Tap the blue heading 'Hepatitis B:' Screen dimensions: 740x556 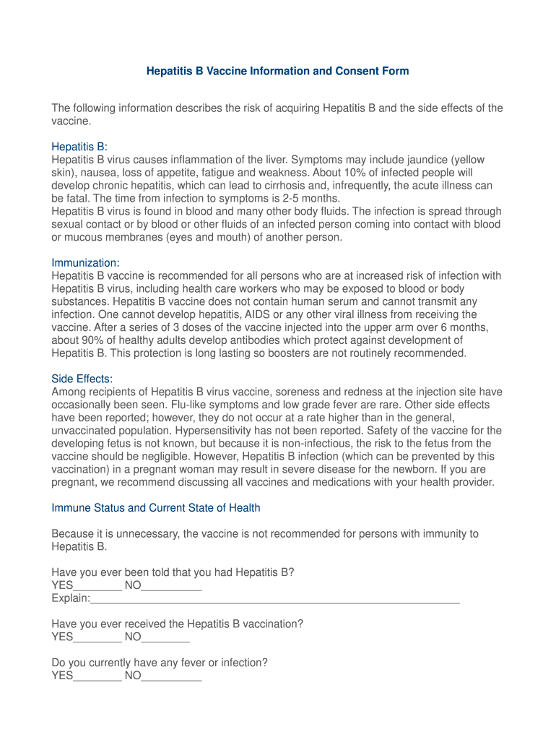(79, 147)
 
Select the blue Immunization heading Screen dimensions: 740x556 (84, 262)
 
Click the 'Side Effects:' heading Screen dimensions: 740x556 (82, 379)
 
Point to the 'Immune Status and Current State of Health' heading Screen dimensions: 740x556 (156, 508)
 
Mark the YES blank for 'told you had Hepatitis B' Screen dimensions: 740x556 (97, 586)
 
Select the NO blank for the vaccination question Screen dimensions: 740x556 (165, 638)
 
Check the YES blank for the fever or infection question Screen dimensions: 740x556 (97, 677)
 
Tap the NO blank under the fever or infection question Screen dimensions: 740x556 (171, 677)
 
